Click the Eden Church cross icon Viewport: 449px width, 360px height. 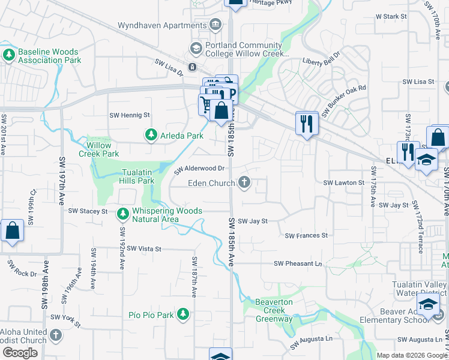click(x=244, y=182)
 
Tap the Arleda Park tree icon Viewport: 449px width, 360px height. click(x=151, y=136)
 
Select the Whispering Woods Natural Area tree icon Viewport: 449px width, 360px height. click(x=123, y=213)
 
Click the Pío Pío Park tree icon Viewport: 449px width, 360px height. click(x=183, y=314)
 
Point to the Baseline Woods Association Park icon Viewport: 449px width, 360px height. click(x=8, y=56)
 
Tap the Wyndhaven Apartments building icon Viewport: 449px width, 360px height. click(x=215, y=25)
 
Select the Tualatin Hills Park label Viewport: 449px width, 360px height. click(x=130, y=176)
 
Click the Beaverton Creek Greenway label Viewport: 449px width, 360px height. click(x=274, y=310)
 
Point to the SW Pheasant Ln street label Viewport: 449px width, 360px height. click(x=298, y=263)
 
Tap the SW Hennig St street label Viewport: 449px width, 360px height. click(x=130, y=115)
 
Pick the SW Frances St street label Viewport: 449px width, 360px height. click(x=306, y=236)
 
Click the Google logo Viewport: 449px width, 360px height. click(x=20, y=353)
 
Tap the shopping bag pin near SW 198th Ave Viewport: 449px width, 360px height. click(x=13, y=231)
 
